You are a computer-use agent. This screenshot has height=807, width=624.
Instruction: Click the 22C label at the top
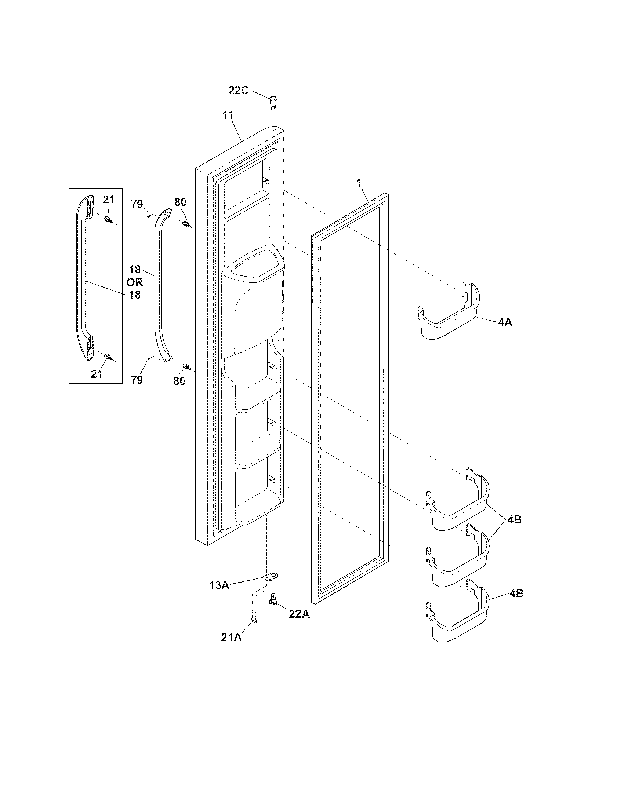[x=238, y=91]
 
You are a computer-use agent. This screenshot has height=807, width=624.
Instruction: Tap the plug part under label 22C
[x=273, y=101]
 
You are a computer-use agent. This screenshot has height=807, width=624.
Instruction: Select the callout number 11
[x=228, y=115]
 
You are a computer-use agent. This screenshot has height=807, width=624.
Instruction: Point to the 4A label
[x=505, y=322]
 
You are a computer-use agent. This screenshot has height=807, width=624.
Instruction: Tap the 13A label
[x=219, y=585]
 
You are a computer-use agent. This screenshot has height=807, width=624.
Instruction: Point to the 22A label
[x=299, y=614]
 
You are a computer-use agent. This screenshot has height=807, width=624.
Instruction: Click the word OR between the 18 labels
[x=135, y=282]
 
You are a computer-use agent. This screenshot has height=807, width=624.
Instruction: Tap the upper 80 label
[x=180, y=202]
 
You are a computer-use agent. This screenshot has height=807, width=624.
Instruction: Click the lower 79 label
[x=137, y=380]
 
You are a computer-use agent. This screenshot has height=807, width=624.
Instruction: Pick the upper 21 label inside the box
[x=109, y=200]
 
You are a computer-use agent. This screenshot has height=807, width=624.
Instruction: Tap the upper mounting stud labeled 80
[x=186, y=224]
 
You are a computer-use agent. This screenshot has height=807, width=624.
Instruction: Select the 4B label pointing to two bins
[x=514, y=519]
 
